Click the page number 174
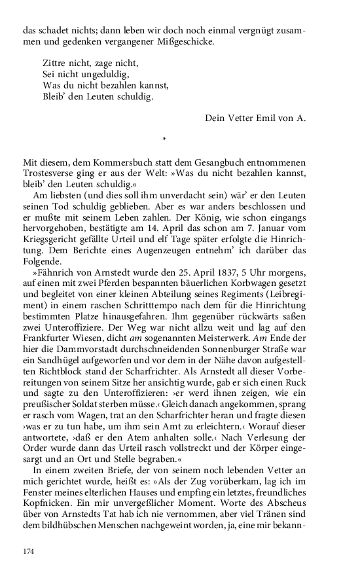pyautogui.click(x=28, y=552)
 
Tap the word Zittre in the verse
pyautogui.click(x=56, y=64)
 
